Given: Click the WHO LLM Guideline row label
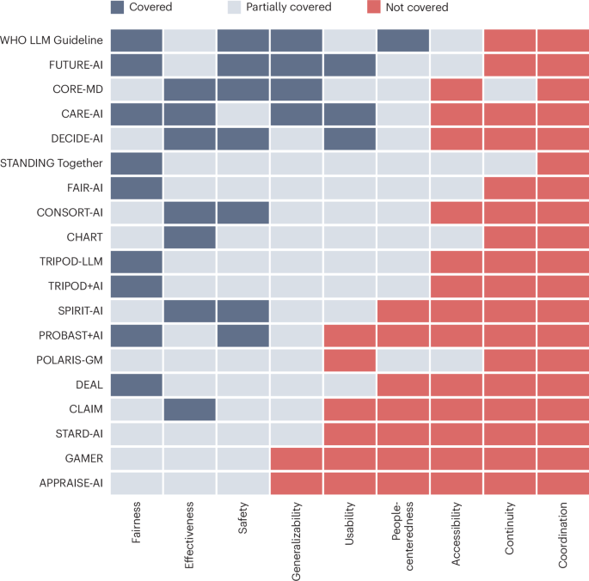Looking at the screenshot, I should tap(52, 40).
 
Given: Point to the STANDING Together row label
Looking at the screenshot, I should tap(52, 163).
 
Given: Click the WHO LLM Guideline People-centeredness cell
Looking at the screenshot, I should tap(402, 40).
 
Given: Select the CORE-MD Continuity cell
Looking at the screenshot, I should tap(509, 89).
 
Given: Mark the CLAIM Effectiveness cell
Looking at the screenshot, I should tap(190, 409).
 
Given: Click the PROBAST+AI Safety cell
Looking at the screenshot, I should tap(243, 335).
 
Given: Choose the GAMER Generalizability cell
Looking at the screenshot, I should tap(297, 458).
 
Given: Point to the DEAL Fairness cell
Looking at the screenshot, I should tap(137, 384).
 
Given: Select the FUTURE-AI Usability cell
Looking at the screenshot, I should tap(350, 64).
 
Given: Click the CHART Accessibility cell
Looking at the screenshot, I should tap(456, 237).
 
